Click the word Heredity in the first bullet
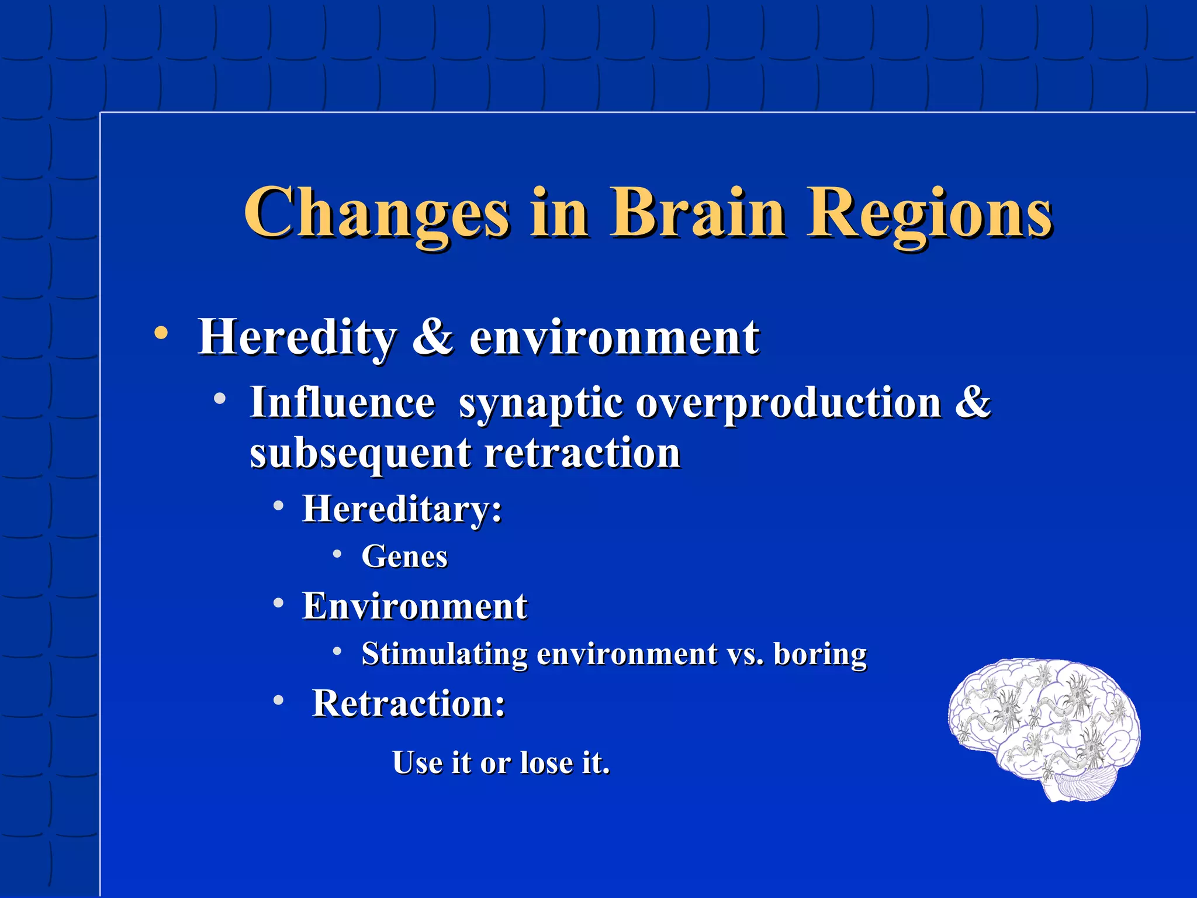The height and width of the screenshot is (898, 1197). [x=297, y=337]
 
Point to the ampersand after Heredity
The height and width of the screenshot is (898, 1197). [x=433, y=337]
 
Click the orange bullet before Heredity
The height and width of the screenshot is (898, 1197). [x=161, y=334]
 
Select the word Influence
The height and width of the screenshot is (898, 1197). [x=343, y=403]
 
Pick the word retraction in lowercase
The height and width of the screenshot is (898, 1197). [x=582, y=453]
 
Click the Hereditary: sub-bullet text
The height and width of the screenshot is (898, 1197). [x=402, y=509]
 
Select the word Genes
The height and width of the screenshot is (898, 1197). [x=404, y=556]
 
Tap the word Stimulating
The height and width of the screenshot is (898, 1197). [x=444, y=654]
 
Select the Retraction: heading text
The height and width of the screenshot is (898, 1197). [x=409, y=703]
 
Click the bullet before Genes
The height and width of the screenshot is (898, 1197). [x=337, y=554]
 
